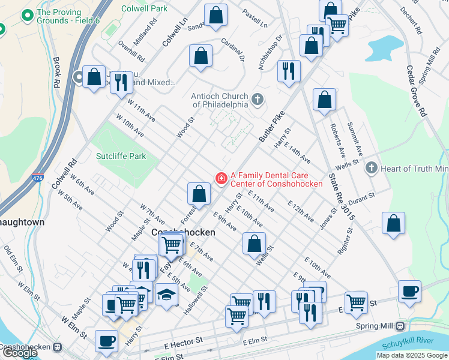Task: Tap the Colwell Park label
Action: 144,9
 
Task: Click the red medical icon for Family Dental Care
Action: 221,178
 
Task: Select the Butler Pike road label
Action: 271,128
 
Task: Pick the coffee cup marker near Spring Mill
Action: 410,292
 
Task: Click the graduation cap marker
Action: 166,294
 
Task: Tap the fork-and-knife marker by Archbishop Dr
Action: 289,71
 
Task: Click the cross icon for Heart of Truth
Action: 371,168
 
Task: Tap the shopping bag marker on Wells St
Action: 254,243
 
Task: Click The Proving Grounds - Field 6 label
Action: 59,16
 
